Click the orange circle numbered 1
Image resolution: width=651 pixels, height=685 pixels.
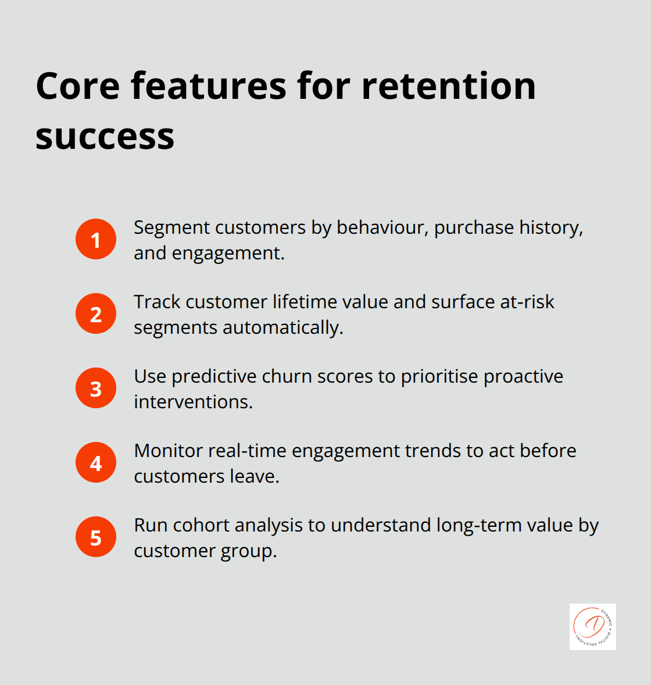tap(96, 239)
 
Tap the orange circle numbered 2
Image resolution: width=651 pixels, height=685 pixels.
tap(96, 313)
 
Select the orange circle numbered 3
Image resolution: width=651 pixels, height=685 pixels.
tap(96, 388)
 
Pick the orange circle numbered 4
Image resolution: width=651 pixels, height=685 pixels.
tap(96, 462)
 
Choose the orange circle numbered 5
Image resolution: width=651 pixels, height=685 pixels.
tap(96, 537)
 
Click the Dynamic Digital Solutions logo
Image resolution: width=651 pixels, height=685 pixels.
tap(592, 626)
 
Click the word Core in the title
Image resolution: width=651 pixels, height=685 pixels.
tap(78, 86)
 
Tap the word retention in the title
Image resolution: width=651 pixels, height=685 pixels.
tap(448, 86)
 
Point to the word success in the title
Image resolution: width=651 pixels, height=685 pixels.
tap(105, 137)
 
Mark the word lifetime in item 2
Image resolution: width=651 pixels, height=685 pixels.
tap(313, 302)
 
